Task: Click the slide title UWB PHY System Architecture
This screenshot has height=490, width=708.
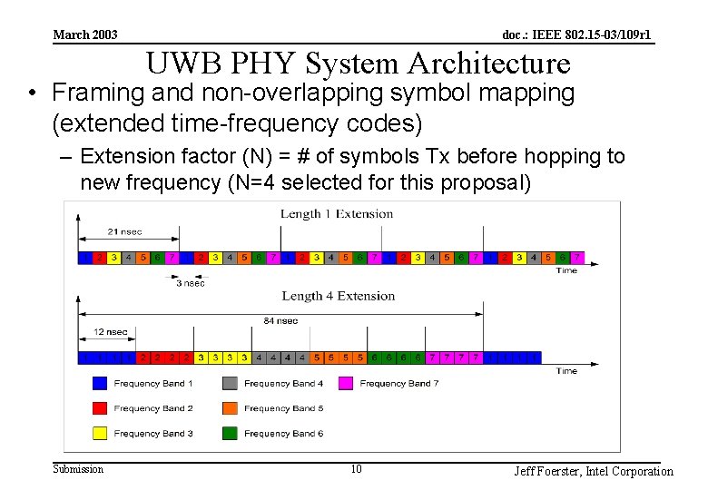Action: [359, 64]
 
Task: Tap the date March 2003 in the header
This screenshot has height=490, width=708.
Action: [85, 35]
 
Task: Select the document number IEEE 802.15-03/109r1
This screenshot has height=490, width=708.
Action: [576, 35]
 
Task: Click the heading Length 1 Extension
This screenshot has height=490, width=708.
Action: [337, 214]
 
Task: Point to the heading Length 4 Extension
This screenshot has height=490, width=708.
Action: [338, 296]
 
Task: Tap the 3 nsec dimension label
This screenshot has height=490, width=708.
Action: [191, 282]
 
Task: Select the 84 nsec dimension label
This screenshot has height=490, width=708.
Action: [281, 320]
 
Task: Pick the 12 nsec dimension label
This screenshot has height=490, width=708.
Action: [111, 332]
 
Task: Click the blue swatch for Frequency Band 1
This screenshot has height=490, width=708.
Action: [100, 384]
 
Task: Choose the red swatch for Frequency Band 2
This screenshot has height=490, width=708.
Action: [100, 408]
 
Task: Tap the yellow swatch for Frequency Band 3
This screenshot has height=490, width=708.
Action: [100, 433]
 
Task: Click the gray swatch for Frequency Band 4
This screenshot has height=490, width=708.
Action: [230, 384]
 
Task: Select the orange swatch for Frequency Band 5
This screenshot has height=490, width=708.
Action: [230, 408]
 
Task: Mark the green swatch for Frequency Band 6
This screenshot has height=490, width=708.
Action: [230, 433]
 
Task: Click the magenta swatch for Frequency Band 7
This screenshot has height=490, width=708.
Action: [346, 384]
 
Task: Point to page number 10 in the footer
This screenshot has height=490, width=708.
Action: [356, 469]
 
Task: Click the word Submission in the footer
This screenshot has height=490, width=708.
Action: [78, 469]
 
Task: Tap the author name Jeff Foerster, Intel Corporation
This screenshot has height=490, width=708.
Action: [594, 471]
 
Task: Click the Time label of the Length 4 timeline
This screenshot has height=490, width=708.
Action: [566, 370]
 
